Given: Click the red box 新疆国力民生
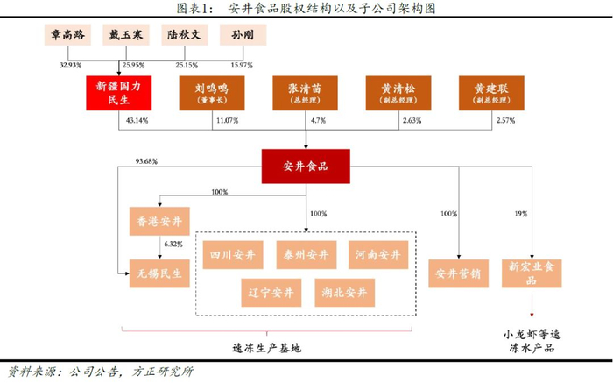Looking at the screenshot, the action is point(119,93).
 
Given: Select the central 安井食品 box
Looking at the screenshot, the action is point(306,167).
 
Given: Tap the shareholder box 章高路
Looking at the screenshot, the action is point(67,35).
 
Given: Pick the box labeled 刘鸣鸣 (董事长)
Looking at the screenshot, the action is point(212,93).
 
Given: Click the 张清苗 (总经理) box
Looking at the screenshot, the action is point(305,93).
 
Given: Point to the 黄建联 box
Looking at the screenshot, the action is point(491,93).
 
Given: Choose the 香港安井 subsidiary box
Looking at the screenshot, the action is point(159,222).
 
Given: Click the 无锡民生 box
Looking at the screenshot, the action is point(159,273).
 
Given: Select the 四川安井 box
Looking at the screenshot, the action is point(233,255).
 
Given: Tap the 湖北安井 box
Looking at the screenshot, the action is point(345,293).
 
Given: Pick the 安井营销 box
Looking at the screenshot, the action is point(459,273).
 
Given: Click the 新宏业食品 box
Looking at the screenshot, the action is point(532,273).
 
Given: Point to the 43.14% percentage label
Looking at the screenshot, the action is point(137,120).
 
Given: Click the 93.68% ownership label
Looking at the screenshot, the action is point(146,161).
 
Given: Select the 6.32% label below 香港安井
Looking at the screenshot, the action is point(173,245).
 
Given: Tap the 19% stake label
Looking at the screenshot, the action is point(521,214).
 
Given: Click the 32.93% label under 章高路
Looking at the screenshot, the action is point(70,65).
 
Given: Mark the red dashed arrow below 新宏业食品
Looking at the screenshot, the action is point(532,305).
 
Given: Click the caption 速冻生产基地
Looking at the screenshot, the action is point(266,348).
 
